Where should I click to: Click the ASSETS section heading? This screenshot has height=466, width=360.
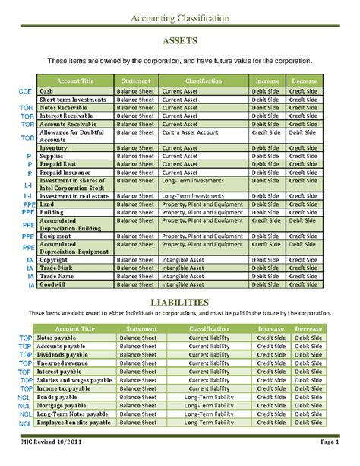point(180,40)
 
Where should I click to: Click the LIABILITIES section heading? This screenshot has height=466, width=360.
point(180,303)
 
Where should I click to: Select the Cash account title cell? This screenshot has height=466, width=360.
point(47,91)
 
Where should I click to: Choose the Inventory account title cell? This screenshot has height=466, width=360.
point(55,147)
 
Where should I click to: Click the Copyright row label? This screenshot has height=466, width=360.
point(55,259)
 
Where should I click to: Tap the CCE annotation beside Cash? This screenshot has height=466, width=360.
point(25,91)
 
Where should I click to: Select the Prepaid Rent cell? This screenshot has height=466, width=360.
point(58,164)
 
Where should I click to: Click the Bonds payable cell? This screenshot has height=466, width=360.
point(57,397)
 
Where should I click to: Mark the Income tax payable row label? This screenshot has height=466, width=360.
point(64,388)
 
